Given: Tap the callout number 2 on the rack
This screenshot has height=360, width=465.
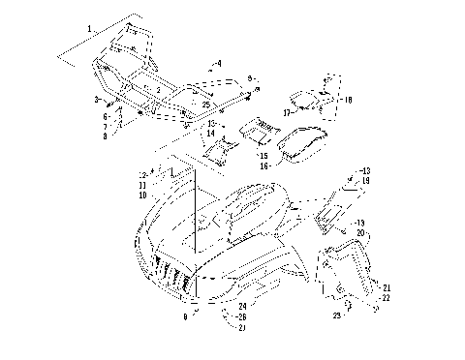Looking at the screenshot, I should point(158,89).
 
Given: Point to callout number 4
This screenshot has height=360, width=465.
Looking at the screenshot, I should point(219,64).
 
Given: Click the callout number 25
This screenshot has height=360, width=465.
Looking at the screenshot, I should point(205,105).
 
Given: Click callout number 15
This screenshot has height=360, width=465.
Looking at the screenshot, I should point(263,155).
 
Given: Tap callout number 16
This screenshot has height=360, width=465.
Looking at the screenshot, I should point(263,166).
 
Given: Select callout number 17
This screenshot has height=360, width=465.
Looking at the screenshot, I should point(287,112).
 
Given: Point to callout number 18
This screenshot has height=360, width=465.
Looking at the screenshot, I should point(348,100).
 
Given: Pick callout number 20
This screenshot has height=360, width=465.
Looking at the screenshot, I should point(360,233).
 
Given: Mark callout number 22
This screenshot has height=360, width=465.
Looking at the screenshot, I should point(386,298).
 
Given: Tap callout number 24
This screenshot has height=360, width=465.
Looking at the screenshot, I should point(241,306).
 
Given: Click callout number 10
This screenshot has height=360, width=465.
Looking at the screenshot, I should point(142,195).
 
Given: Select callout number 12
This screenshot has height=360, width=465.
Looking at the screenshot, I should point(141,174).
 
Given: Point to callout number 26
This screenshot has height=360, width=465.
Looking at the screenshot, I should point(241,316).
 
